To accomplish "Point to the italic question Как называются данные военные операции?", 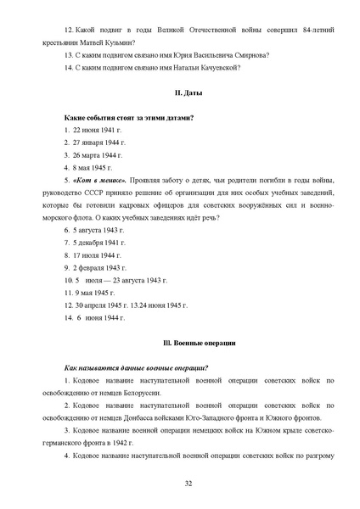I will coord(137,367).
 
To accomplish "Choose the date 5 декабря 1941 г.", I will coord(99,243).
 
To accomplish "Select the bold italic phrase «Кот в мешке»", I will coord(99,181).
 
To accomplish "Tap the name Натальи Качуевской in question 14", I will coord(198,68).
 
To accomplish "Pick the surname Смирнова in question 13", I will coord(250,56).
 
